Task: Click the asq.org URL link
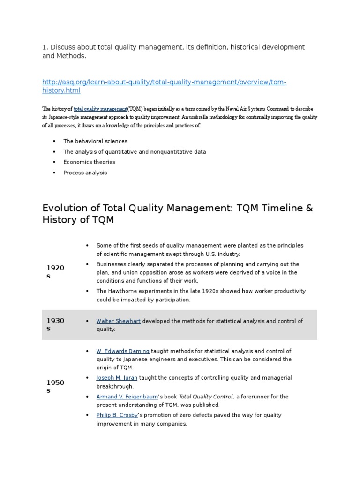[x=164, y=82]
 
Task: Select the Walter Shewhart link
[x=118, y=321]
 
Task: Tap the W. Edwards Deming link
[x=123, y=351]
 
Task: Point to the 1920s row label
[x=55, y=272]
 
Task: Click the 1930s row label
[x=55, y=324]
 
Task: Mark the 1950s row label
[x=55, y=386]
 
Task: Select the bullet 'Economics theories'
[x=89, y=162]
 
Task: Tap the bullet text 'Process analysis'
[x=85, y=172]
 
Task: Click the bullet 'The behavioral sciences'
[x=95, y=141]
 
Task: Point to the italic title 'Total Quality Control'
[x=206, y=397]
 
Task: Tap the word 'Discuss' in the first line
[x=63, y=47]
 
